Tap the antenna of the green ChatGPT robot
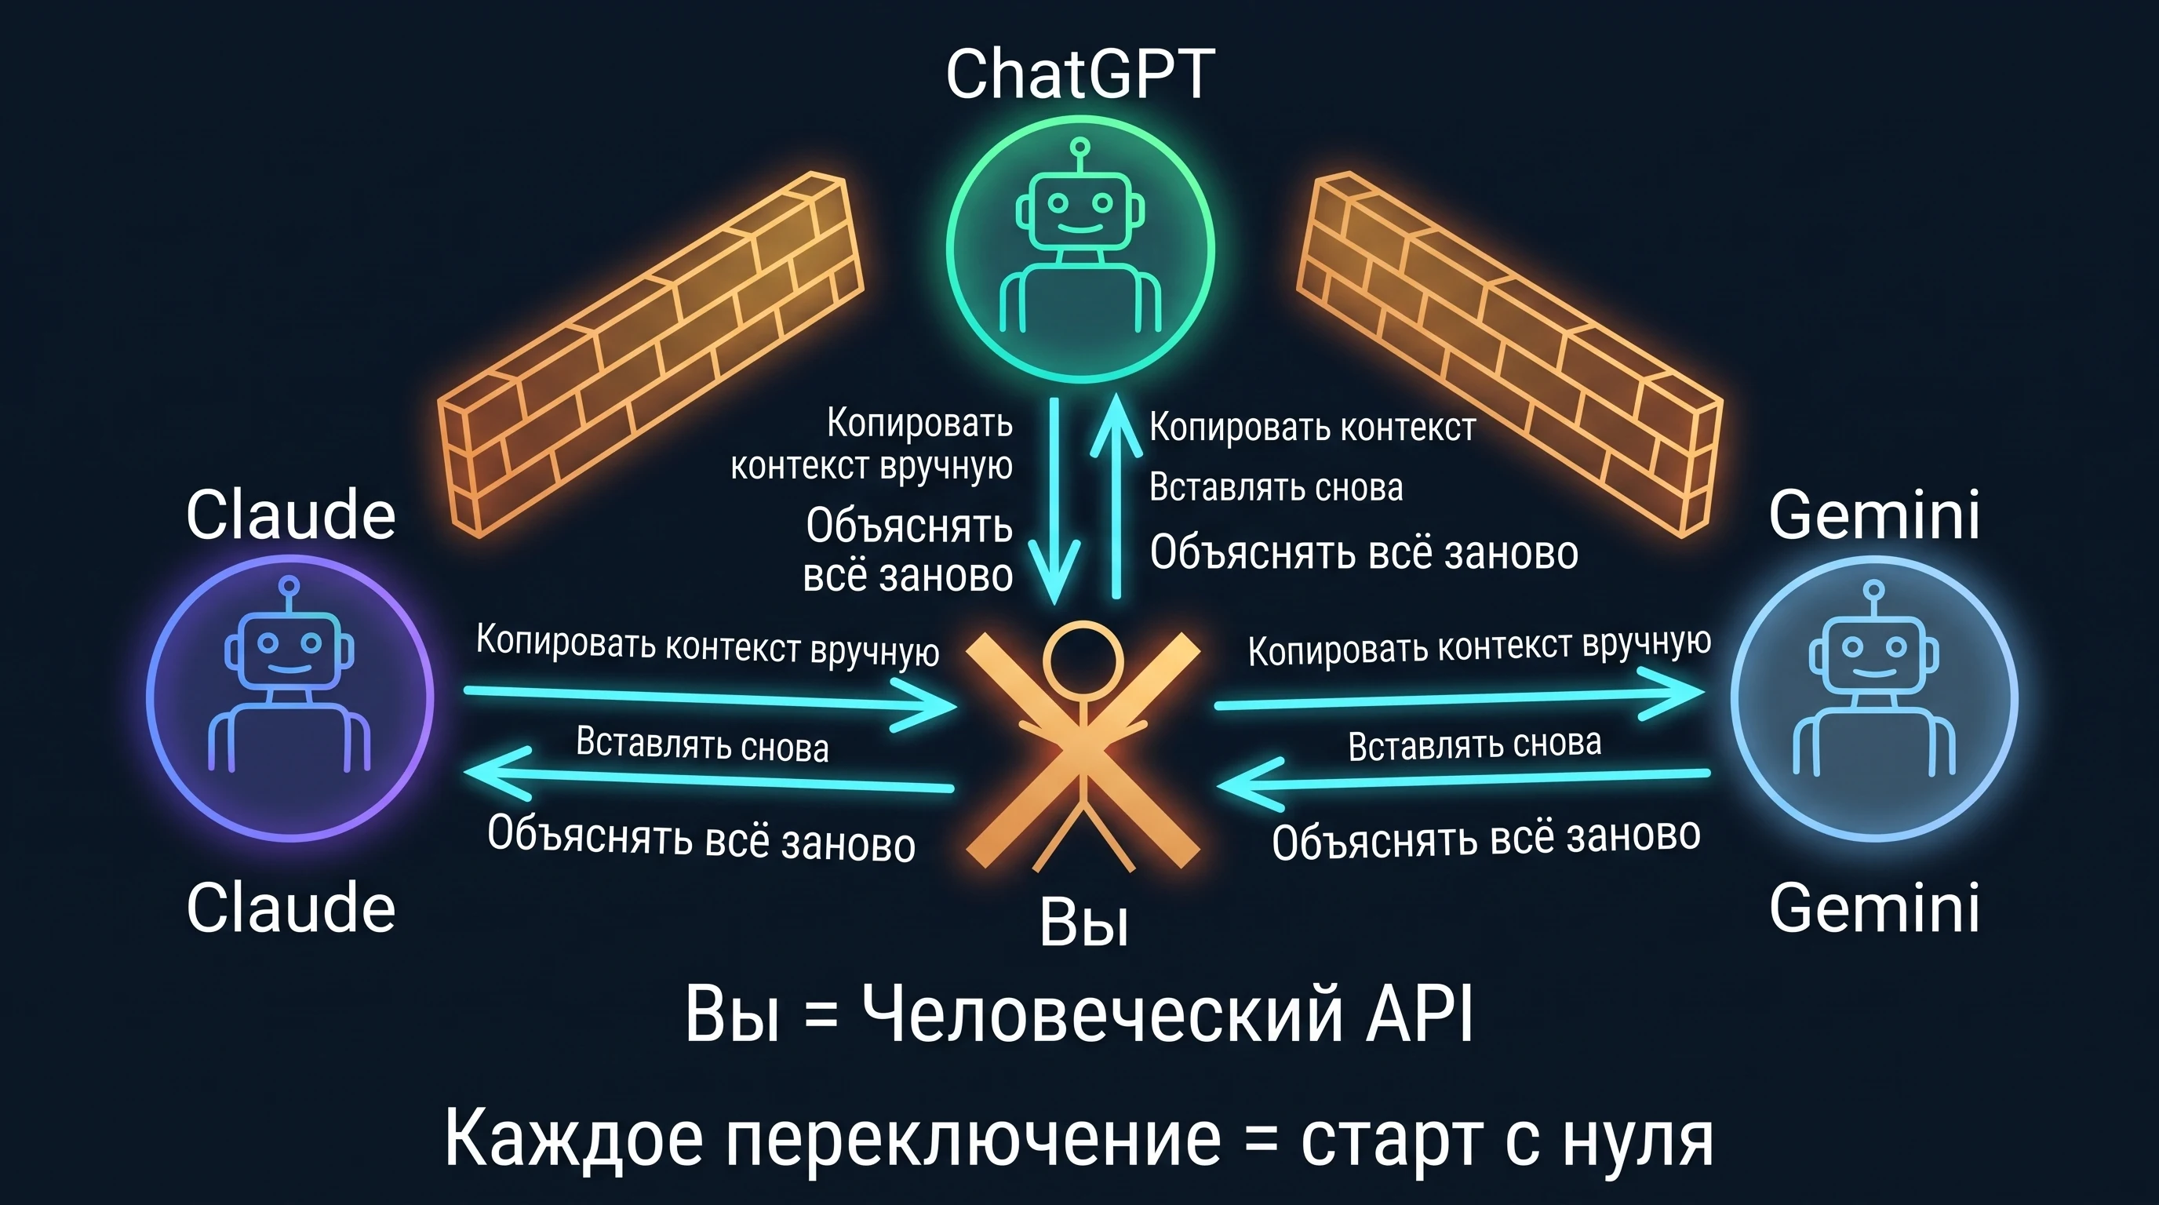(1080, 156)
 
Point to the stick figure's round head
(1083, 661)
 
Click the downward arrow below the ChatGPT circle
(1054, 501)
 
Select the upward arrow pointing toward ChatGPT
(1116, 496)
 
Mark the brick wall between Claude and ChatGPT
(651, 354)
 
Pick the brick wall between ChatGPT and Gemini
(1509, 354)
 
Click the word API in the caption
(1419, 1014)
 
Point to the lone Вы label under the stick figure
(1083, 922)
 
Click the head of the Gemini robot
(1874, 653)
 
